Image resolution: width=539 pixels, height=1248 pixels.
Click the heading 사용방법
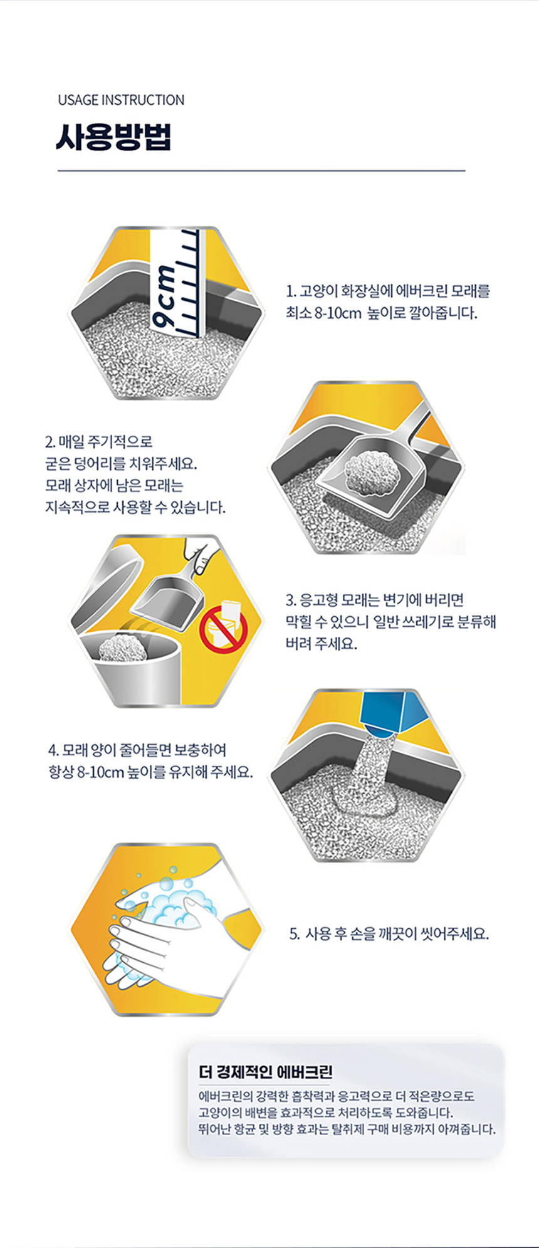coord(113,138)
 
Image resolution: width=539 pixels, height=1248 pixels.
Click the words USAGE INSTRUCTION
coord(121,100)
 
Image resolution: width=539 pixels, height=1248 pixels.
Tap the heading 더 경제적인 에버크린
coord(266,1071)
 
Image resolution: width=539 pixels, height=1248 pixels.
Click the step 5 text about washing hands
coord(389,933)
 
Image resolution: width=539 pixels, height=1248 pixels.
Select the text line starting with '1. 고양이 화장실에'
coord(388,291)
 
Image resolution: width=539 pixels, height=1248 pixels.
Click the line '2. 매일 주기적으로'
coord(98,442)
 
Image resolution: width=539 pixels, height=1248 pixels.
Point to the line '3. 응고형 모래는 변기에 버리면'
coord(375,600)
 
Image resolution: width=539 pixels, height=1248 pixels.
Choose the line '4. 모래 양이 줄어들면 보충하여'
coord(137,750)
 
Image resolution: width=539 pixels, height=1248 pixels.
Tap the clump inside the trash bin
coord(123,646)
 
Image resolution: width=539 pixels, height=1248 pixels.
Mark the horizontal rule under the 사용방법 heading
coord(261,170)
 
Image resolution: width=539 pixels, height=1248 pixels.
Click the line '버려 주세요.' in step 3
coord(322,644)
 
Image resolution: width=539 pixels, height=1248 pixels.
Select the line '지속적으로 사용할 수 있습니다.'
coord(135,507)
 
